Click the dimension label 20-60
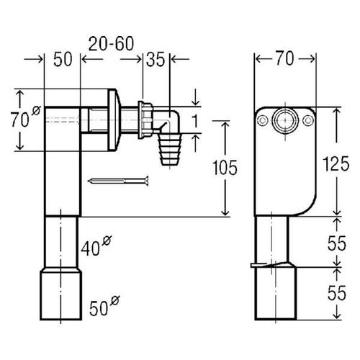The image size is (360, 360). tap(111, 44)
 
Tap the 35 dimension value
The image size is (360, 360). tap(156, 60)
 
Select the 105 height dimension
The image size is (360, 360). tap(225, 167)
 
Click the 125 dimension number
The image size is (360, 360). tap(336, 164)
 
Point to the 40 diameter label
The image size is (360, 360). tap(96, 246)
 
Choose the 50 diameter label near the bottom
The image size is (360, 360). tap(104, 305)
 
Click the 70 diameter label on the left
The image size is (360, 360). tap(26, 117)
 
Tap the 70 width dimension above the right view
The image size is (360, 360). tap(284, 58)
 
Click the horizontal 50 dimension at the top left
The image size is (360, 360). tap(63, 60)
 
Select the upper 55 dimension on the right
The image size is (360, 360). tap(337, 243)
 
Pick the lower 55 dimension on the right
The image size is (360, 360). tap(337, 293)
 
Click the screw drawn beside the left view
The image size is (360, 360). tap(118, 181)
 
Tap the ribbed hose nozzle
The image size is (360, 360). tap(171, 149)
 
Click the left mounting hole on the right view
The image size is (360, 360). tap(262, 120)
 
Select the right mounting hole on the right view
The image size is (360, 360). tap(308, 120)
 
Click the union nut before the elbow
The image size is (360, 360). tap(145, 120)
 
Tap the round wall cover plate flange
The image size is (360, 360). tap(113, 120)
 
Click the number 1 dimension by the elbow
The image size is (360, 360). tap(196, 121)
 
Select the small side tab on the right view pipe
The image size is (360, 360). tap(258, 265)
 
